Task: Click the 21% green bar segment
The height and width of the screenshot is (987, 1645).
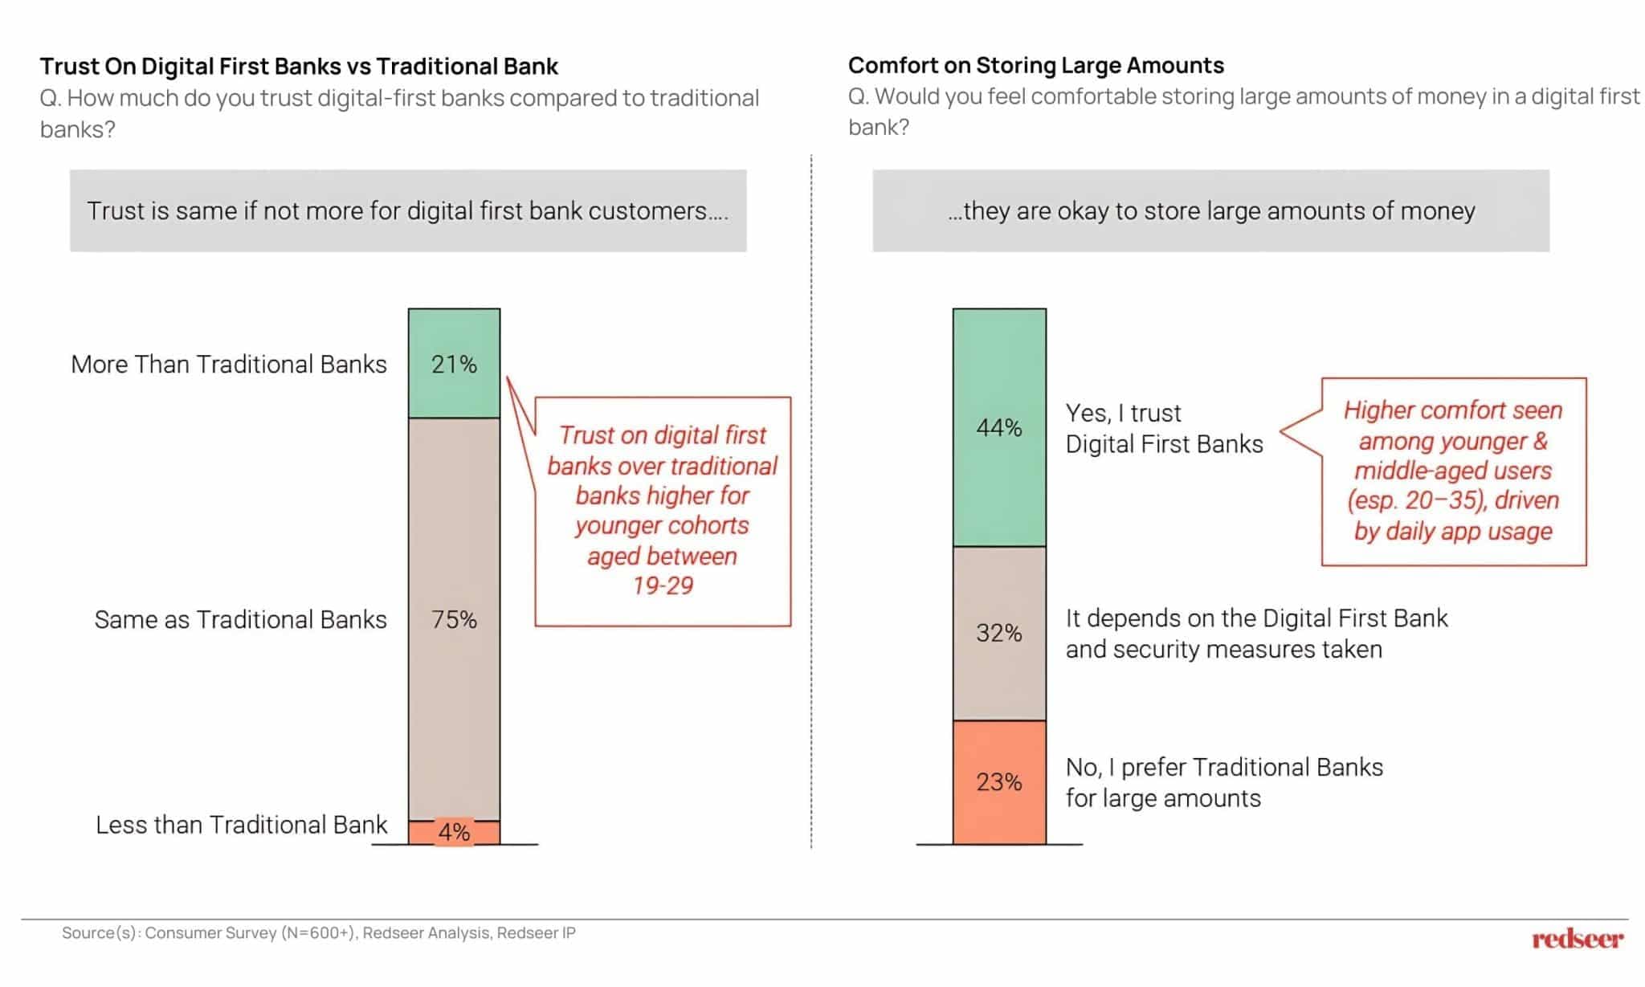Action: click(454, 364)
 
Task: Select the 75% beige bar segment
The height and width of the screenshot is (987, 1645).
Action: click(454, 619)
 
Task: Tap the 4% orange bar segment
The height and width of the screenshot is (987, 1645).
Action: click(454, 832)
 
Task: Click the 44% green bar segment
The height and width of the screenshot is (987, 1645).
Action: click(999, 427)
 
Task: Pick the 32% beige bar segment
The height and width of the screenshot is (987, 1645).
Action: click(999, 633)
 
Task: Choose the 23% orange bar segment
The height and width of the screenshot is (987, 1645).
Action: click(999, 782)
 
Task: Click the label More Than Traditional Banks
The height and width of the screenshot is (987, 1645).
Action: click(229, 365)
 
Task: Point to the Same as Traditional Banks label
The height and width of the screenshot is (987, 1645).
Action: click(240, 620)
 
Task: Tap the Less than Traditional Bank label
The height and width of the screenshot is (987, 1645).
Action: click(241, 825)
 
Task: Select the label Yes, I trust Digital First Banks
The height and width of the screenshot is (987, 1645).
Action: click(1163, 428)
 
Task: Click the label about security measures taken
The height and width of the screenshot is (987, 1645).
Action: click(1255, 634)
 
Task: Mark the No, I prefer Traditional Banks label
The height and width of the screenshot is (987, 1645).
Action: click(1223, 783)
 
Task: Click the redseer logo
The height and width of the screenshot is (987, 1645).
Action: click(1577, 938)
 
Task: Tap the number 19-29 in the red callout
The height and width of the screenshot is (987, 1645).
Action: click(663, 586)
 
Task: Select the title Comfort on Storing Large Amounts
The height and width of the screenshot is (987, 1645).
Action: click(1035, 65)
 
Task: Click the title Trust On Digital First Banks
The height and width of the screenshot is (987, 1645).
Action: click(299, 66)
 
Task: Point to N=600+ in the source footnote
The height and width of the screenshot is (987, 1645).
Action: click(317, 933)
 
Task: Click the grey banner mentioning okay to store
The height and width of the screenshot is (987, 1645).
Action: click(1210, 210)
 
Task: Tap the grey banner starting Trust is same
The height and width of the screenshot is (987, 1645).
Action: click(407, 210)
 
